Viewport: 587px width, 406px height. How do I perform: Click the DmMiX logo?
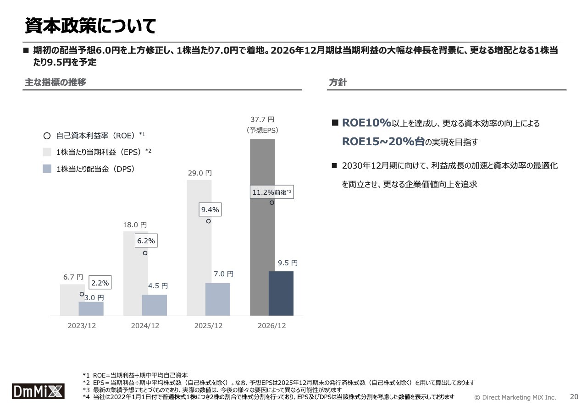(38, 391)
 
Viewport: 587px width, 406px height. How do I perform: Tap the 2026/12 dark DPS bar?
(281, 293)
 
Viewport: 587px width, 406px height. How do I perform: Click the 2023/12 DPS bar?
(91, 308)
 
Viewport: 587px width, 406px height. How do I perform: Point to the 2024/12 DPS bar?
(154, 305)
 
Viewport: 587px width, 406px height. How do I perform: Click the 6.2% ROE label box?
(146, 241)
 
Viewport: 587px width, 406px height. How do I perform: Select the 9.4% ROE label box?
(210, 210)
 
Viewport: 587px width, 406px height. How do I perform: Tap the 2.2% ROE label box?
(100, 283)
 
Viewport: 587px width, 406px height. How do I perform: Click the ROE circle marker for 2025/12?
(208, 221)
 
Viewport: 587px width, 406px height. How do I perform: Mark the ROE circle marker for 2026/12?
(271, 203)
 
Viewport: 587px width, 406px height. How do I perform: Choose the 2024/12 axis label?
(145, 326)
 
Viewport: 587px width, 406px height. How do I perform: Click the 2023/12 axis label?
(82, 326)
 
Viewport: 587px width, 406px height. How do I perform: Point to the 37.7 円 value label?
(262, 120)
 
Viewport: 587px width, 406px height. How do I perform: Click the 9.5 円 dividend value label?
(288, 263)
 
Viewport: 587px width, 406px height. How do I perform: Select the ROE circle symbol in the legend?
(47, 136)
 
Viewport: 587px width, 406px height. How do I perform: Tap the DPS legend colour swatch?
(47, 169)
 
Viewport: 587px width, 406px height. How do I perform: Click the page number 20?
(574, 396)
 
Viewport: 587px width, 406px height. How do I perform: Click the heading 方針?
(338, 82)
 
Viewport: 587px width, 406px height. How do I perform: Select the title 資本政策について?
(90, 26)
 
